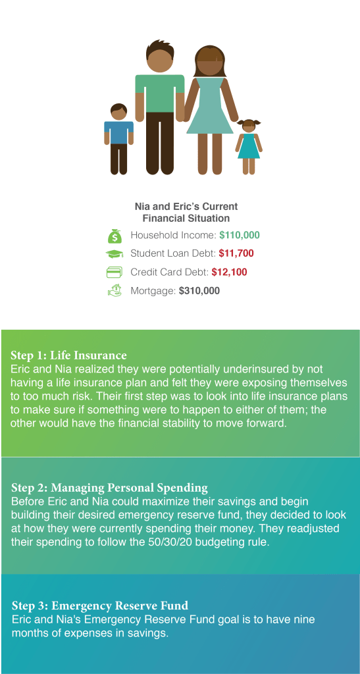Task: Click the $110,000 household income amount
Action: coord(240,236)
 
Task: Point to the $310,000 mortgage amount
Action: coord(199,290)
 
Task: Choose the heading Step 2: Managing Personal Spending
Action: coord(109,488)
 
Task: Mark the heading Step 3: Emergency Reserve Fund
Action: coord(99,606)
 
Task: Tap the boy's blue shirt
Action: coord(118,133)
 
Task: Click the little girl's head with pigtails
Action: coord(249,126)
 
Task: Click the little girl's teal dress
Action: coord(249,145)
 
